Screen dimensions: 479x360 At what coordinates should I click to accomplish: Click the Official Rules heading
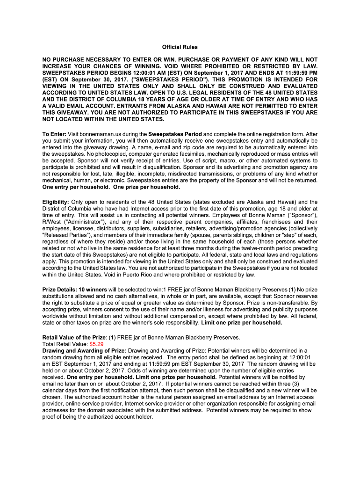click(180, 47)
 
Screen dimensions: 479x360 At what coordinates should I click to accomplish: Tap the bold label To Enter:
click(54, 134)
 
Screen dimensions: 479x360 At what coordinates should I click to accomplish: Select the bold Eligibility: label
click(56, 202)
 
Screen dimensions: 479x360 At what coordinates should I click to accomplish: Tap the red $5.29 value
click(97, 344)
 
